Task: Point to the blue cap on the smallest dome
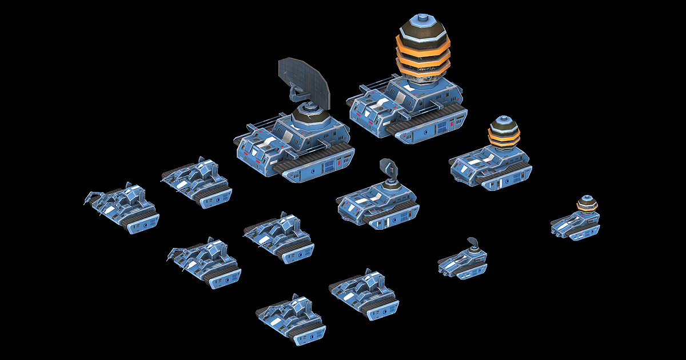pyautogui.click(x=585, y=198)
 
